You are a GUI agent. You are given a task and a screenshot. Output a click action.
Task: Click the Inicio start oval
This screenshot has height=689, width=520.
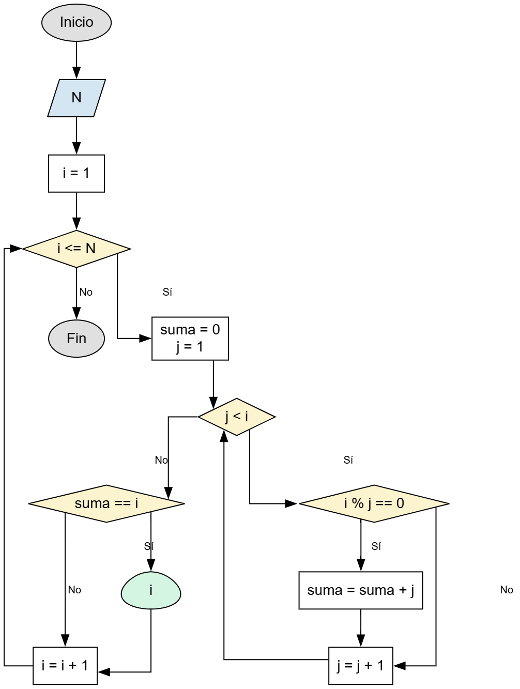coord(77,23)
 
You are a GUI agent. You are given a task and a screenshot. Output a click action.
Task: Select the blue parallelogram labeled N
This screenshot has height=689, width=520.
coord(77,98)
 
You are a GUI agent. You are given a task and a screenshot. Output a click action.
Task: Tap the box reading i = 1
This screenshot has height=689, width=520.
coord(77,173)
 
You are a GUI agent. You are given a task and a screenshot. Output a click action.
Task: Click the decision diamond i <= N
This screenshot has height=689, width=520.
coord(77,249)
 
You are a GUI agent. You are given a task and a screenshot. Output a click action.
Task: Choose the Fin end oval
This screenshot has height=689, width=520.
coord(77,339)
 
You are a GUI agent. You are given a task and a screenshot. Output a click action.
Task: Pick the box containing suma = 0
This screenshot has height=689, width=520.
coord(190,339)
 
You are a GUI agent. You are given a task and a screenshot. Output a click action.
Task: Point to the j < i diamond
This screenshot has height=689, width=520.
coord(237,417)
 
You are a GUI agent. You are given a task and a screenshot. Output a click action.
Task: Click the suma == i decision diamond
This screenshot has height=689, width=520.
coord(106,503)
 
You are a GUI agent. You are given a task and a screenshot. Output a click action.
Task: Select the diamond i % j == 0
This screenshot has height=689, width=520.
coord(374,503)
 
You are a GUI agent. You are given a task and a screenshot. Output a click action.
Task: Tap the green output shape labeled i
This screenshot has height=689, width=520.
coord(151,590)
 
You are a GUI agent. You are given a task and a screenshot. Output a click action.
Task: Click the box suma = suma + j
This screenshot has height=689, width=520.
coord(360,590)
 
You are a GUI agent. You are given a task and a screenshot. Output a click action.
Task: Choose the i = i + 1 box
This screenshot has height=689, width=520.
coord(65,665)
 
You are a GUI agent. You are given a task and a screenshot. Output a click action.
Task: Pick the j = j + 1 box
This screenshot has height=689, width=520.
coord(360,665)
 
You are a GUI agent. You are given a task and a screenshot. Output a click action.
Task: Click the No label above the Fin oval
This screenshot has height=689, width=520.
coord(86,292)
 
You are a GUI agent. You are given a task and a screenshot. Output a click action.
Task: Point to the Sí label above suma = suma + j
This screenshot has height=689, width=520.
coord(376,546)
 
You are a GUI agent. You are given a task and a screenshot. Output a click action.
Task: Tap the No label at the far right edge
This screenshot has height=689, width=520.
coord(507,590)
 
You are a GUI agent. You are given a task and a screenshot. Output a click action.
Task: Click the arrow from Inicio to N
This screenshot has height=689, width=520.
coord(77,60)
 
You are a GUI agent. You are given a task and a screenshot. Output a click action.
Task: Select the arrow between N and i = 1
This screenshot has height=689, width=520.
coord(77,135)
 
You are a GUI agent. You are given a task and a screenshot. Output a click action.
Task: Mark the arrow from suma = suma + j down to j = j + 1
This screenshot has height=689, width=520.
coord(361,627)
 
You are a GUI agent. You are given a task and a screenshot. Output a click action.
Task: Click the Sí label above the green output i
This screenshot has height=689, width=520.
coord(149,546)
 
